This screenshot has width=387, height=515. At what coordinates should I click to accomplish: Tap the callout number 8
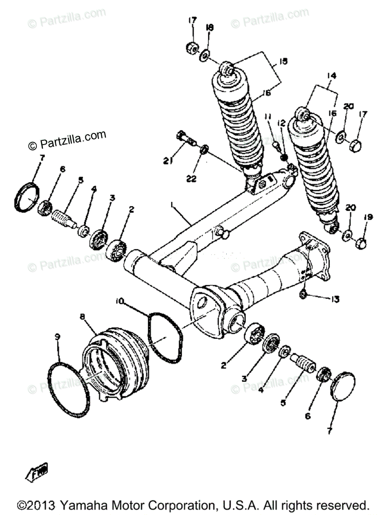coord(83,317)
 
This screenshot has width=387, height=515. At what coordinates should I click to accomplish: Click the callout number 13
coord(335,299)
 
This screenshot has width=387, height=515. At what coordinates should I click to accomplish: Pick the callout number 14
coord(331,76)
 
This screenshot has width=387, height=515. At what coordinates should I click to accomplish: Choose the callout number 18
coord(210,27)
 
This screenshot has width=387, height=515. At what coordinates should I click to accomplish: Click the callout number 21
coord(167,161)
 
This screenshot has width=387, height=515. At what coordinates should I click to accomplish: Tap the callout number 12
coord(282,123)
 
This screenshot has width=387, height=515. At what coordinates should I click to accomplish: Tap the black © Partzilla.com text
coord(67,140)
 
